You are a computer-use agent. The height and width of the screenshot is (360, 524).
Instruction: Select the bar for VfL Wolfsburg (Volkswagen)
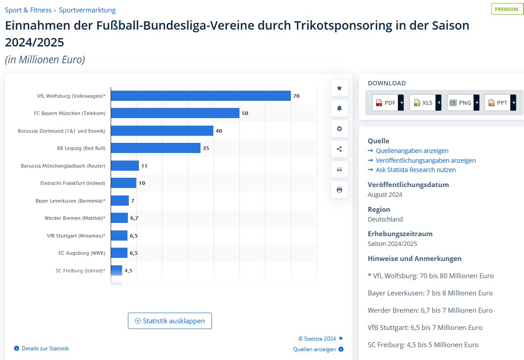[200, 96]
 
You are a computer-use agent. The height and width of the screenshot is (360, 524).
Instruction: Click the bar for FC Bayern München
[175, 113]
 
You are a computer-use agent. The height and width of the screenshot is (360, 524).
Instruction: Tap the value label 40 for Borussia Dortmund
[219, 131]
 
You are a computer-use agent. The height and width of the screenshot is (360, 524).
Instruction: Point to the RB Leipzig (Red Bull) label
[81, 148]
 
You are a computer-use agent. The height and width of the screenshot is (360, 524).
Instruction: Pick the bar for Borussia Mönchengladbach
[125, 166]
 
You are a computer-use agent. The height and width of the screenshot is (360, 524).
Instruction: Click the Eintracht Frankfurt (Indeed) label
[73, 183]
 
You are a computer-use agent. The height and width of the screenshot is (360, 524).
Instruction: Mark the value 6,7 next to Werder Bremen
[134, 218]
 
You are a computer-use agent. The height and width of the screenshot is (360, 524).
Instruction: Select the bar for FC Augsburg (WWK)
[119, 253]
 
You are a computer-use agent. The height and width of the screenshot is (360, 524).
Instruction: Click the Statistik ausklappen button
[170, 321]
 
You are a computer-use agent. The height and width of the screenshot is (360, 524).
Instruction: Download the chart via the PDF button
[385, 103]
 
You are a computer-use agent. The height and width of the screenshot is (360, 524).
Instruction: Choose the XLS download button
[423, 103]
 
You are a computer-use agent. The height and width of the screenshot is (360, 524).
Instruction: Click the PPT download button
[498, 103]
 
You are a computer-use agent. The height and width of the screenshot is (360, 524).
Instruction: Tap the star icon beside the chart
[339, 88]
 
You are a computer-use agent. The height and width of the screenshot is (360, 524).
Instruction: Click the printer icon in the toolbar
[339, 190]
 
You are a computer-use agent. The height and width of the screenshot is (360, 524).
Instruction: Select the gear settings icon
[339, 129]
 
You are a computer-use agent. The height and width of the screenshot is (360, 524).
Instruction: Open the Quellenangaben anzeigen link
[412, 151]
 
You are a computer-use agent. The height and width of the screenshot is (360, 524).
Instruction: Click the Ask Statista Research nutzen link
[415, 170]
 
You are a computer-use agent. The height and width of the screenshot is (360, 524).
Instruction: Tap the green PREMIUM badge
[506, 9]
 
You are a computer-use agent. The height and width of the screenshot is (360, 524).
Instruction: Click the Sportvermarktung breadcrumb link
[87, 10]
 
